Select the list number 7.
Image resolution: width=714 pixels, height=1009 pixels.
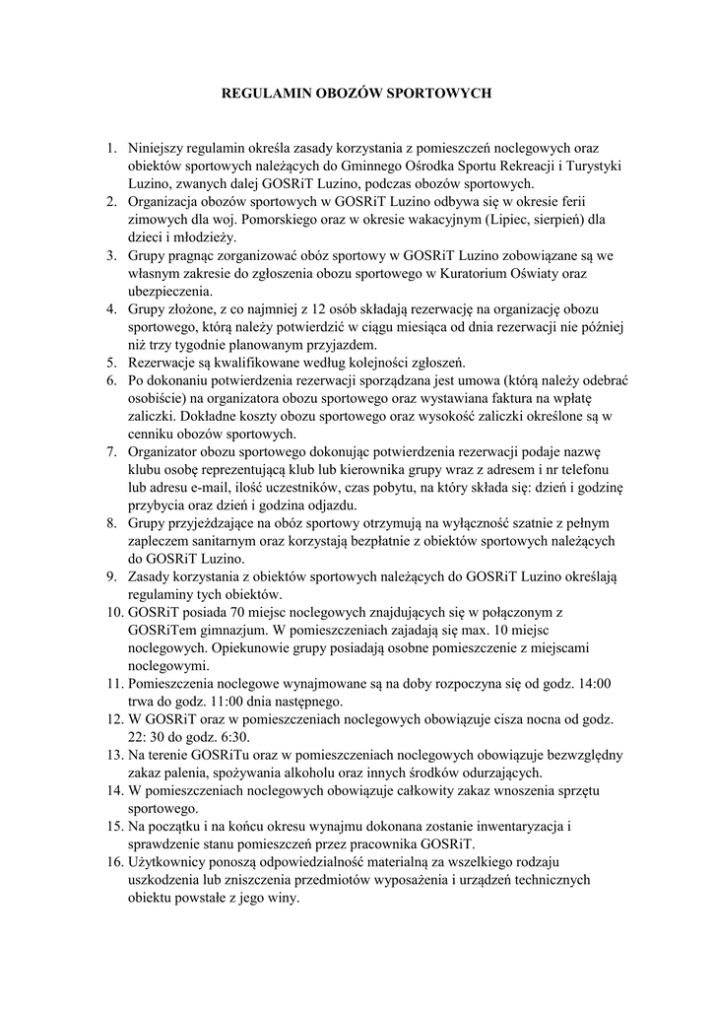[x=111, y=451]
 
